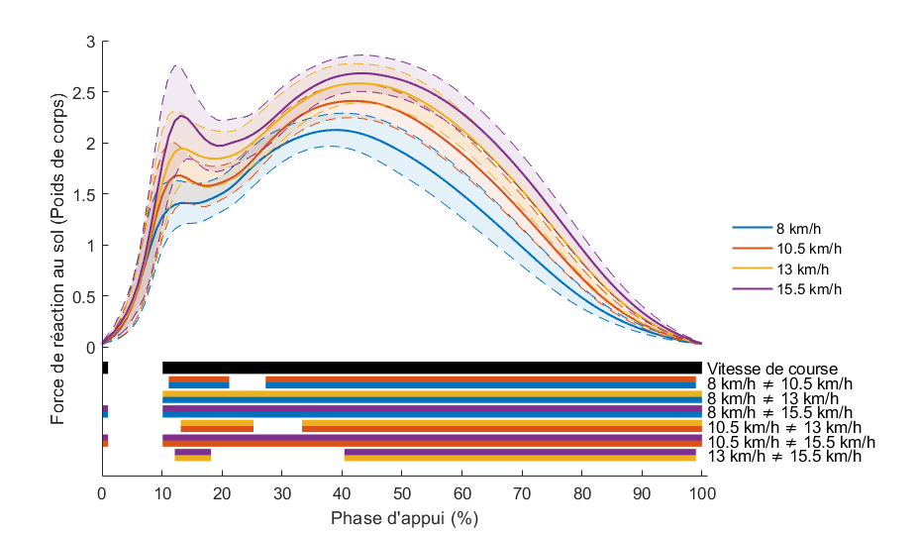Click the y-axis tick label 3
tap(90, 42)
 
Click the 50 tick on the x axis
tap(402, 492)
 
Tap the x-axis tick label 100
tap(702, 492)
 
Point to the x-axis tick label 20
tap(222, 492)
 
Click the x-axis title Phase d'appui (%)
tap(402, 517)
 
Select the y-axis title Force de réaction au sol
tap(59, 239)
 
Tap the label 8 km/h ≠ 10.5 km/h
tap(781, 383)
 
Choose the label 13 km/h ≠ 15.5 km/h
tap(784, 457)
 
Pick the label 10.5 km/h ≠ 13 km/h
tap(784, 427)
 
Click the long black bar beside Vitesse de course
tap(432, 368)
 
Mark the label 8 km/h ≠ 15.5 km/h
tap(781, 412)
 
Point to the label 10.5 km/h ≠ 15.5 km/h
tap(789, 442)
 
